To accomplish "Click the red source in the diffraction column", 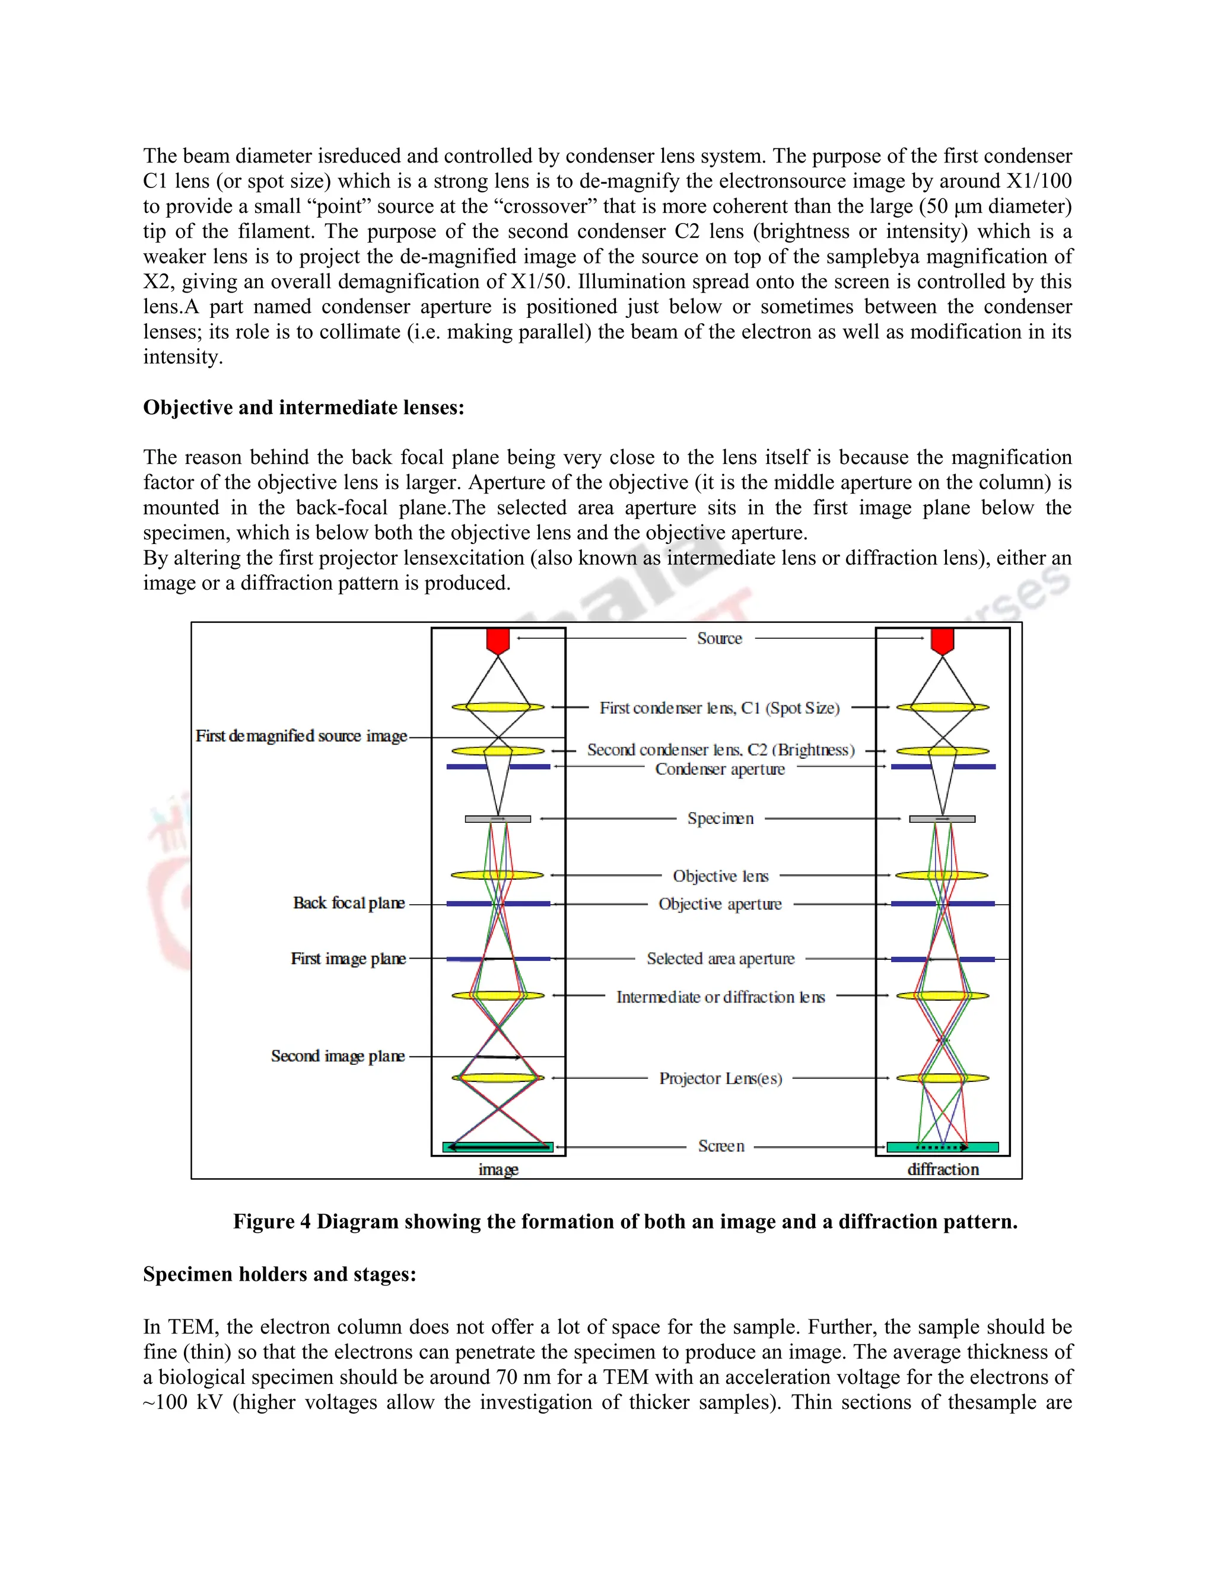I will (942, 639).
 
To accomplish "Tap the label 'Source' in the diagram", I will (719, 638).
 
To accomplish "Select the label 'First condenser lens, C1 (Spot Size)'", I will (719, 708).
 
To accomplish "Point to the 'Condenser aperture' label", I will (720, 769).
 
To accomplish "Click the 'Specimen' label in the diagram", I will (720, 819).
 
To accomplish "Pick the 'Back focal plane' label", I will (348, 903).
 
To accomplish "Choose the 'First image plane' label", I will (348, 959).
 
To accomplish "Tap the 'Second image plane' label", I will (338, 1056).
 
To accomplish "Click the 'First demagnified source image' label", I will (301, 736).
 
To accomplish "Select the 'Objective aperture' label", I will (720, 904).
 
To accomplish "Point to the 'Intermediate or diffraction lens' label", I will (720, 997).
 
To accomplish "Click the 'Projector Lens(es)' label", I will (720, 1078).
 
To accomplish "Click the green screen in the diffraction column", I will (942, 1147).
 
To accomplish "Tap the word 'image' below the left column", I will (498, 1170).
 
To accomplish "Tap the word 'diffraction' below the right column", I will (942, 1170).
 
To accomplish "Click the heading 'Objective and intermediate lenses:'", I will (303, 408).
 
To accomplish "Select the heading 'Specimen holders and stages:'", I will (279, 1274).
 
